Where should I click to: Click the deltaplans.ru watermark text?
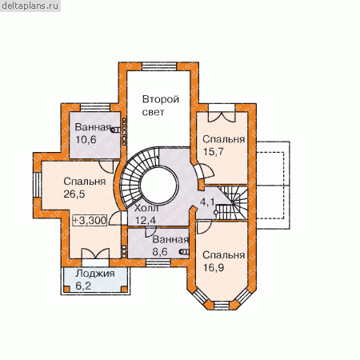click(x=30, y=6)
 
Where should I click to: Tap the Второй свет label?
click(x=160, y=106)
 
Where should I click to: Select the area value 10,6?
click(x=86, y=140)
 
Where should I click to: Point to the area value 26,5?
click(x=74, y=194)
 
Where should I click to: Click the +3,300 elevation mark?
click(x=90, y=221)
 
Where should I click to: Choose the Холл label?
click(x=146, y=208)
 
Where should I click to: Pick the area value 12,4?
click(x=146, y=221)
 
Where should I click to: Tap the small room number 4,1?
click(x=207, y=202)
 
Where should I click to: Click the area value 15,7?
click(x=214, y=151)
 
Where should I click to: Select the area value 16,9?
click(x=214, y=267)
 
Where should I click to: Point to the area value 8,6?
click(x=160, y=252)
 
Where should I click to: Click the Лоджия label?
click(x=95, y=274)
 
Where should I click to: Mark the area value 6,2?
click(x=83, y=286)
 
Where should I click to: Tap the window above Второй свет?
click(x=159, y=66)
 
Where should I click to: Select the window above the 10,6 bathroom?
click(x=95, y=107)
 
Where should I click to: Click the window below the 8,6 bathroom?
click(x=158, y=262)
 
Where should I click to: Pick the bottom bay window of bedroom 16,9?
click(x=222, y=306)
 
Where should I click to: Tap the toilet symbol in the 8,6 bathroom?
click(x=184, y=251)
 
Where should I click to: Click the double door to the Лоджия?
click(x=95, y=254)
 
